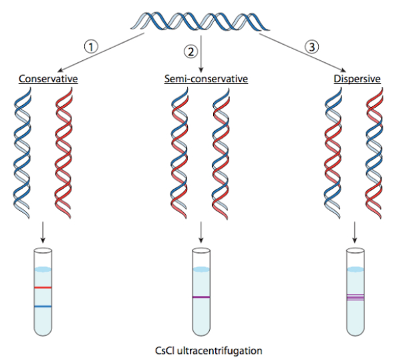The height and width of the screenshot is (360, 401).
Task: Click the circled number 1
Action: coord(91,47)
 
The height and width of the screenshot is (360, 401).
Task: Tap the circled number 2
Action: coord(190,52)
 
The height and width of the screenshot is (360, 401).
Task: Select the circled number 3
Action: coord(311,47)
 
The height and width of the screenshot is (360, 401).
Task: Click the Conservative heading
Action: coord(48,78)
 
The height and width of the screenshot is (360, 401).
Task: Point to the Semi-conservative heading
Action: coord(206,78)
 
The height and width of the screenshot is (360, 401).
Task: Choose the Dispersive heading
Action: coord(357,79)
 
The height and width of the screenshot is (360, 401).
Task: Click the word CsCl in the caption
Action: coord(164,350)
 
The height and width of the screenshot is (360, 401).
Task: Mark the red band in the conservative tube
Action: coord(43,288)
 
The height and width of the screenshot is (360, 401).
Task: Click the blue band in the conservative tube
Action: coord(43,306)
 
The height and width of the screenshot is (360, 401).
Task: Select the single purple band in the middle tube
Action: coord(201,297)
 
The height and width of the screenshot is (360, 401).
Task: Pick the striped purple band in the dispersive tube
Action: coord(356,297)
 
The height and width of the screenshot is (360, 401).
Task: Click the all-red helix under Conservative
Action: coord(63,153)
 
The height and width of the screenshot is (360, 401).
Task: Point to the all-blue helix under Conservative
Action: coord(22,153)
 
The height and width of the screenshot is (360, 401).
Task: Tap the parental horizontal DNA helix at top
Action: coord(200,21)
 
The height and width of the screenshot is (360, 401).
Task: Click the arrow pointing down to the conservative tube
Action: coord(43,232)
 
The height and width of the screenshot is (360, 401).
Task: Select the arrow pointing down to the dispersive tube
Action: coord(354,232)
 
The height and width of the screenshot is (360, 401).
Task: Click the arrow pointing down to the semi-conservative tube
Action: coord(201,232)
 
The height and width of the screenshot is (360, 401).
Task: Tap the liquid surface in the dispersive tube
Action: coord(356,270)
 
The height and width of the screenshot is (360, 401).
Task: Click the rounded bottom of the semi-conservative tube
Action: coord(201,331)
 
